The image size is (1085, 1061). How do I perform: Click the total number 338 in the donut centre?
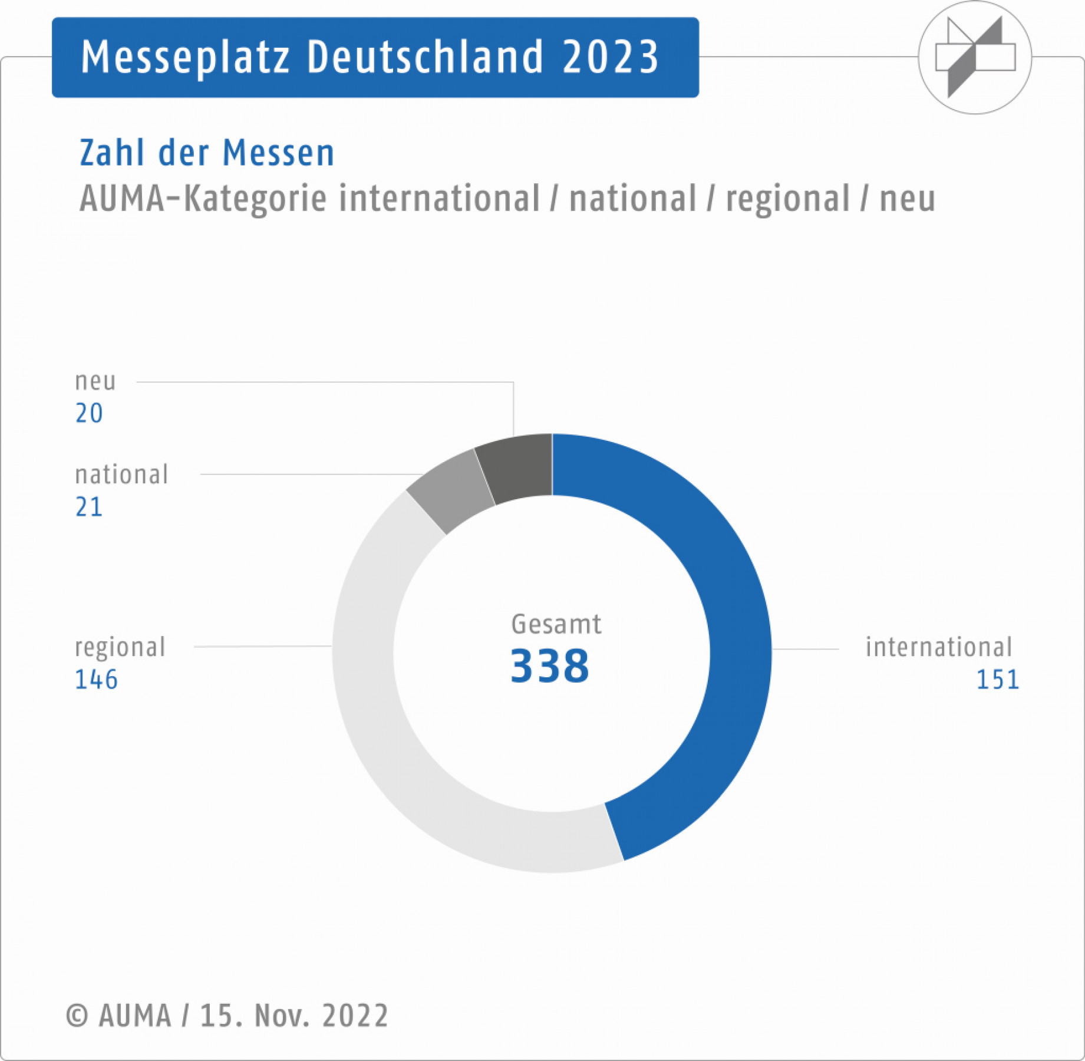click(549, 666)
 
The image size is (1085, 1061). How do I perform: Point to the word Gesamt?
click(556, 624)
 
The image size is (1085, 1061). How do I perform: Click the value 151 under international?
click(997, 680)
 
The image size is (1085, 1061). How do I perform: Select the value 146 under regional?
click(96, 680)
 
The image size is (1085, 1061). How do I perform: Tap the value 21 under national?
click(89, 507)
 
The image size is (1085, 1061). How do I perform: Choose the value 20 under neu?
click(89, 413)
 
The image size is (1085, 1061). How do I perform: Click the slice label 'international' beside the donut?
click(938, 647)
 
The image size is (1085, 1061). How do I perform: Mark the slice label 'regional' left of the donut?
click(120, 647)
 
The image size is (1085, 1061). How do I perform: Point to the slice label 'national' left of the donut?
click(121, 475)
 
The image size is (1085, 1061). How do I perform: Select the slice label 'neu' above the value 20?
click(95, 381)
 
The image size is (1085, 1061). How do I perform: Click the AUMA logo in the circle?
click(975, 57)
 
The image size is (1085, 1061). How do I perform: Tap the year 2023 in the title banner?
click(610, 57)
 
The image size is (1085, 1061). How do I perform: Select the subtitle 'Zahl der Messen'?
click(207, 153)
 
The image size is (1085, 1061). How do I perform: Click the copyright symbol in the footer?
click(77, 1016)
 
